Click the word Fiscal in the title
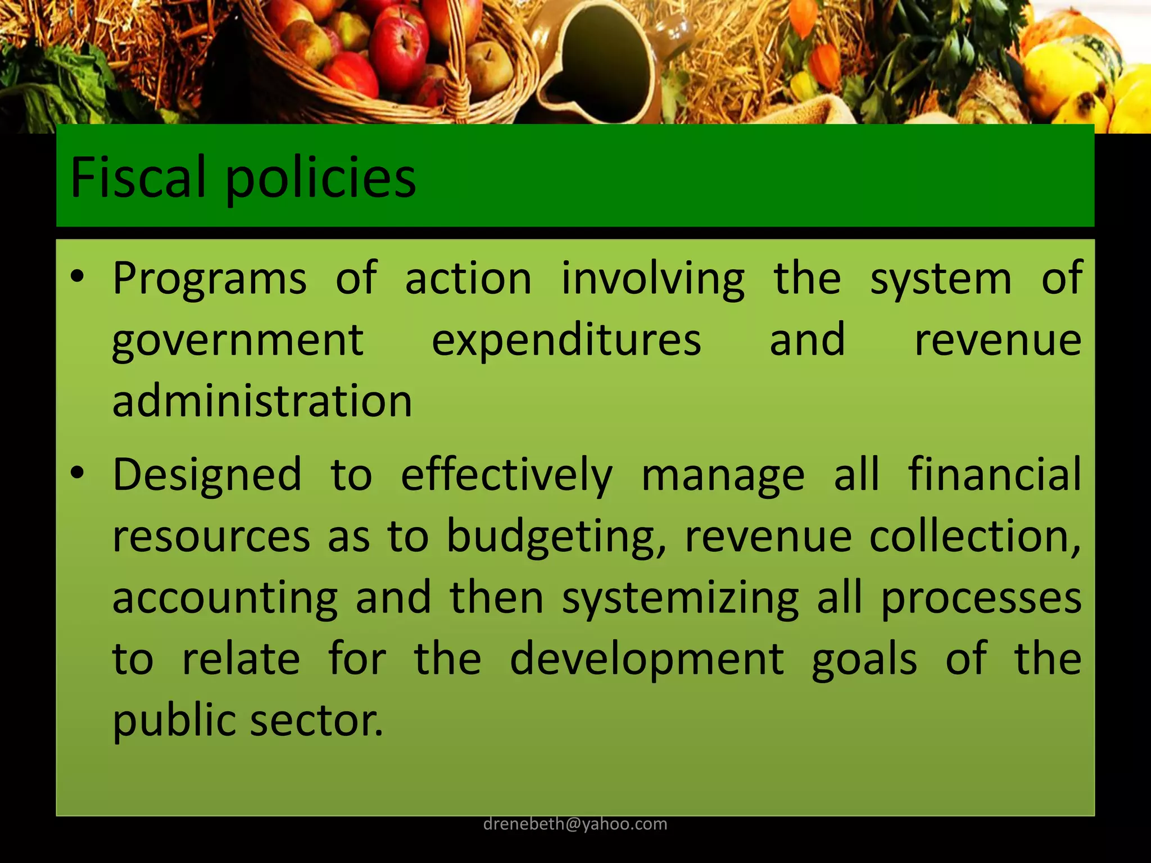click(138, 178)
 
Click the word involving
click(653, 280)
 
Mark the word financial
click(995, 474)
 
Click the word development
click(646, 661)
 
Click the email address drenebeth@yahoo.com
click(575, 824)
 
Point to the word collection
click(975, 537)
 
